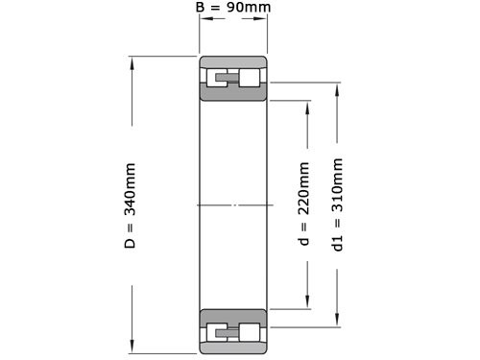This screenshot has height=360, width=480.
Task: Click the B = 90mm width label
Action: (x=233, y=7)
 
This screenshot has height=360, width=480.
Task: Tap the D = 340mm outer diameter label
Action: (x=131, y=205)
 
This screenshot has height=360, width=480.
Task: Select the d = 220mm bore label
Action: (x=304, y=204)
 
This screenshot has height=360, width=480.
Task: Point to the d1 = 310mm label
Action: (x=337, y=204)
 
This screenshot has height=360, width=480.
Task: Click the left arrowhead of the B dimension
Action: (x=206, y=18)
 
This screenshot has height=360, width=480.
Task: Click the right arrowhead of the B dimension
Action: (x=260, y=18)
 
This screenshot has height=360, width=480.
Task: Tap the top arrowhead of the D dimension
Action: (x=132, y=63)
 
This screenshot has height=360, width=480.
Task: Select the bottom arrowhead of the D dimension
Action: (x=132, y=347)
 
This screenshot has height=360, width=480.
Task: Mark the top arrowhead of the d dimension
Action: (x=307, y=108)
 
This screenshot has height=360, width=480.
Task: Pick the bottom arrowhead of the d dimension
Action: (x=307, y=302)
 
